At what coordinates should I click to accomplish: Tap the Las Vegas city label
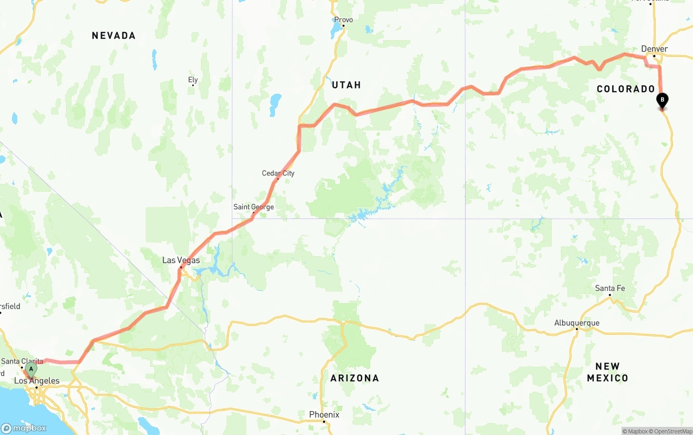coord(181,261)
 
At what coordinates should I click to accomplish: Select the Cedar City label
coord(278,173)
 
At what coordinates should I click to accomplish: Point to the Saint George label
coord(253,207)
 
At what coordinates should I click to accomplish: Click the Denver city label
coord(654,49)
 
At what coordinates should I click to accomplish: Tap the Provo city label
coord(343,20)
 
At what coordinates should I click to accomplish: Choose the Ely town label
coord(193,80)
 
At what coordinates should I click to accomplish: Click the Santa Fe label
coord(610,288)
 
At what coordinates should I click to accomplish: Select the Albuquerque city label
coord(577,323)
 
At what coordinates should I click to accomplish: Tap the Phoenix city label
coord(324,414)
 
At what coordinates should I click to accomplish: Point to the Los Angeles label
coord(37,381)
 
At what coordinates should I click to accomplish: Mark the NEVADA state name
coord(113,36)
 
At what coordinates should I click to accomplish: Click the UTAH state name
coord(346,85)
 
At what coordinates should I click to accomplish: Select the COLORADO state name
coord(625,89)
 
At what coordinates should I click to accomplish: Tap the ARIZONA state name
coord(355,378)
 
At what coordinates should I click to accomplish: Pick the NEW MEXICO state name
coord(607,372)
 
